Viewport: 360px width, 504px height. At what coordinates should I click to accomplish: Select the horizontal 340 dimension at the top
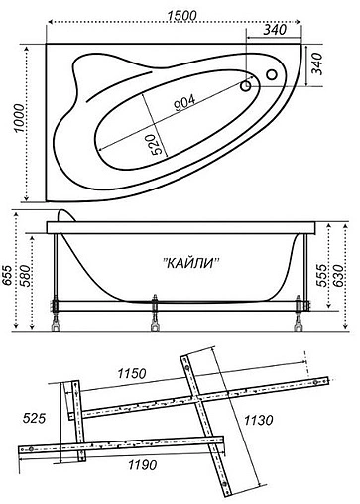tap(279, 29)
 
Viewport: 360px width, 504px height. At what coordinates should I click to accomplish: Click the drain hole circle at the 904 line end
tap(246, 86)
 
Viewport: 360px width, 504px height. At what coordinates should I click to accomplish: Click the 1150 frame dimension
tap(129, 374)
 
